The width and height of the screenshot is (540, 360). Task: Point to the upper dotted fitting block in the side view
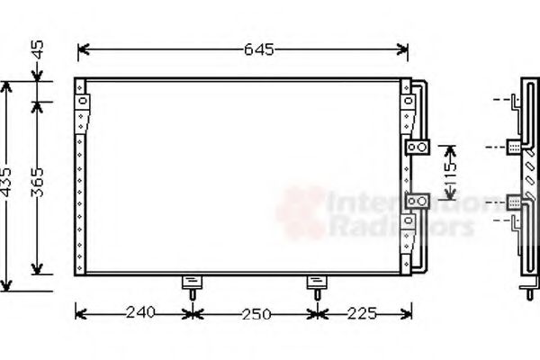pyautogui.click(x=514, y=147)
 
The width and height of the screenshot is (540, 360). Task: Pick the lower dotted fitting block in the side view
pyautogui.click(x=514, y=202)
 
